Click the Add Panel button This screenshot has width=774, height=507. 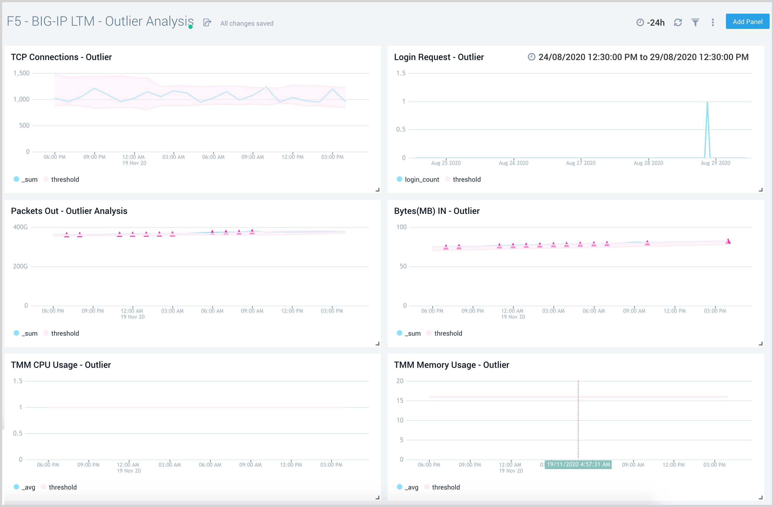(747, 22)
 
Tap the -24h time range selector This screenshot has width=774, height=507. (650, 22)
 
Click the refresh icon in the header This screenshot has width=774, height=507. (678, 22)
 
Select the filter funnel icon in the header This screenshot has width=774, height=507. (695, 22)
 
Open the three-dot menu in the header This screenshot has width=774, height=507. (713, 22)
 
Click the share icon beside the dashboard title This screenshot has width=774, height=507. (207, 22)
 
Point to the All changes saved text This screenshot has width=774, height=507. (247, 23)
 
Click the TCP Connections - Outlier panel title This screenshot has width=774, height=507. (61, 57)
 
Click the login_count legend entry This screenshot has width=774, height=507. (421, 180)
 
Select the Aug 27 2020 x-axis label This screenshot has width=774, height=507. (580, 163)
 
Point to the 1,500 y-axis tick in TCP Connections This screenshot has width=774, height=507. (22, 73)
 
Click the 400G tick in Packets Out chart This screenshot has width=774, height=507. (20, 227)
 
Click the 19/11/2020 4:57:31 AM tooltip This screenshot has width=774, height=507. (578, 464)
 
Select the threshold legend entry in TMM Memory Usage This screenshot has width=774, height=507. (445, 487)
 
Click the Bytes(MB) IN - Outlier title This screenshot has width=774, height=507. (436, 211)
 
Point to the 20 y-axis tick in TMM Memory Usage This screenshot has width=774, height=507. (400, 381)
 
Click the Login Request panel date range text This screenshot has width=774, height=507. (643, 57)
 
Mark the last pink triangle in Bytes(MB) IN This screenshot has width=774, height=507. (728, 241)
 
